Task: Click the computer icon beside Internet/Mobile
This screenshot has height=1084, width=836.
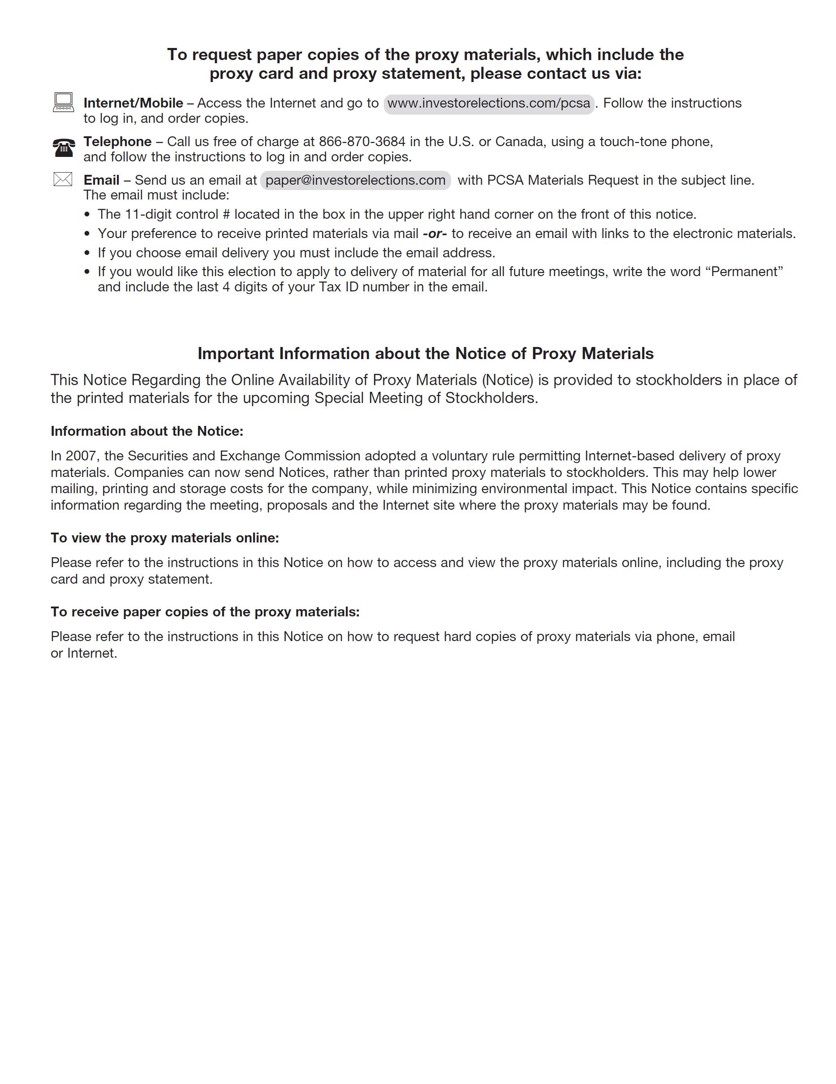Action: click(x=63, y=102)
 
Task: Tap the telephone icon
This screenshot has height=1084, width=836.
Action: click(x=64, y=147)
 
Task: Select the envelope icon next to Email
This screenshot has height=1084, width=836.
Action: click(x=63, y=179)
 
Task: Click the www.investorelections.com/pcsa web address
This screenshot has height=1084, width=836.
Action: click(x=489, y=104)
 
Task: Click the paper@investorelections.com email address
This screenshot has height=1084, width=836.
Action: click(x=355, y=180)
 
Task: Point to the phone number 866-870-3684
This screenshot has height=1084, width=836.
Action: click(x=362, y=142)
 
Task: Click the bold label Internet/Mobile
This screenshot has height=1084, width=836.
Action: click(x=133, y=103)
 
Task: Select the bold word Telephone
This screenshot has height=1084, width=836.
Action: click(x=117, y=142)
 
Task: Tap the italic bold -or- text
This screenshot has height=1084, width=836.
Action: click(x=435, y=234)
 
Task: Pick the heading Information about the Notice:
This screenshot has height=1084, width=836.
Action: click(x=147, y=431)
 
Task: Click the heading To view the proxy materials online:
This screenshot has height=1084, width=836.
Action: click(x=165, y=538)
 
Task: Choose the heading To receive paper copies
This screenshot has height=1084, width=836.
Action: click(x=205, y=612)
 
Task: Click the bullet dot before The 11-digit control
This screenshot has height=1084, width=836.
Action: click(x=88, y=215)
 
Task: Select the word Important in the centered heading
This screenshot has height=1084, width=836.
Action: click(x=236, y=353)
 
